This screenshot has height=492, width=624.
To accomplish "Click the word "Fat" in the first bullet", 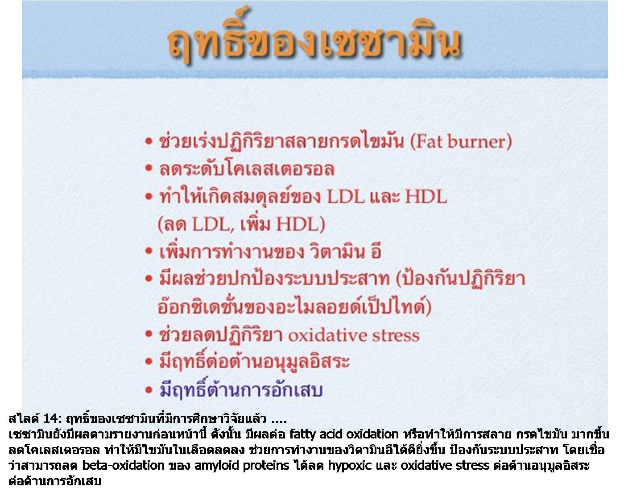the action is coord(428,141).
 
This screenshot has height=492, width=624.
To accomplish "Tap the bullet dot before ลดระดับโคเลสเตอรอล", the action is coord(149,168).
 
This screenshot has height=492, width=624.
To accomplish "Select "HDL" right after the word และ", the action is coord(426,196).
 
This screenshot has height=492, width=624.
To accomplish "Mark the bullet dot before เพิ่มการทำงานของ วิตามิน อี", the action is coord(149,251).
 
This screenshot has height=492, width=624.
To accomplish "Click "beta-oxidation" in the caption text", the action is coord(123,465).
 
